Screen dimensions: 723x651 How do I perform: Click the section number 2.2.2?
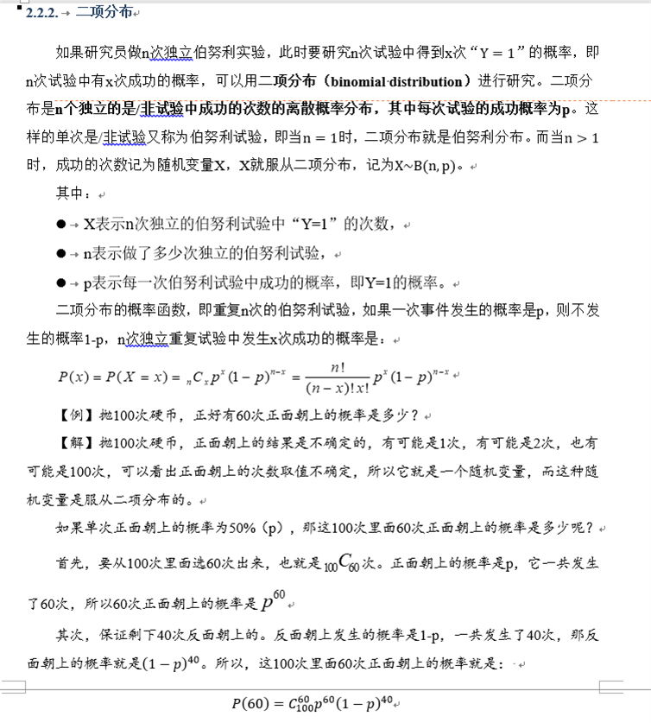[x=42, y=12]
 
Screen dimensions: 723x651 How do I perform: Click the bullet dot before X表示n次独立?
[x=61, y=225]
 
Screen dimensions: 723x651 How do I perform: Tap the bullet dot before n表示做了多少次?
[x=61, y=253]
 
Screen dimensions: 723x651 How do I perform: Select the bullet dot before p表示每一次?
[x=61, y=282]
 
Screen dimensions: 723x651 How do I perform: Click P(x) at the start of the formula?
[x=74, y=377]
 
